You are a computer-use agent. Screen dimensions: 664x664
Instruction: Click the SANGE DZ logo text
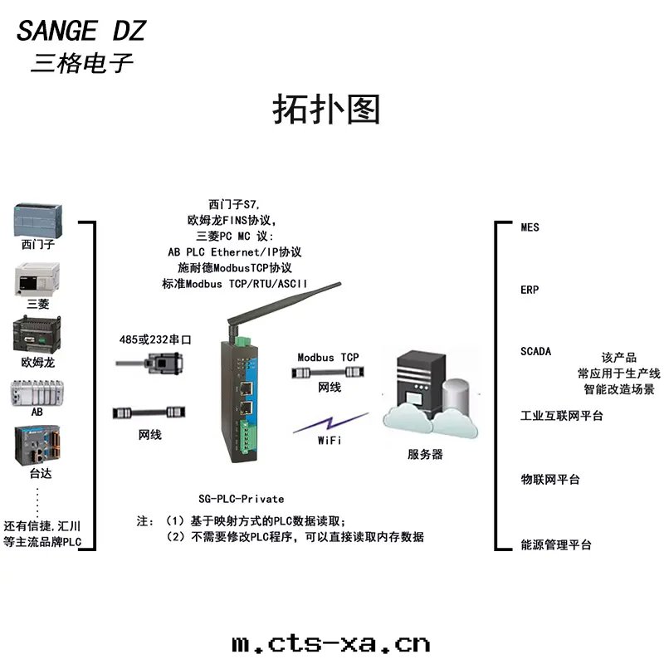(81, 32)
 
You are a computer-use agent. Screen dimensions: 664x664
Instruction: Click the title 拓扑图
(326, 110)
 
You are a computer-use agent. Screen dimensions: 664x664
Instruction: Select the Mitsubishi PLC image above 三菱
(38, 280)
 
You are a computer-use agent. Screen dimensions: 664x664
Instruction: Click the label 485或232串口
(155, 339)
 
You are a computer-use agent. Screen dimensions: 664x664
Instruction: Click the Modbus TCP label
(329, 357)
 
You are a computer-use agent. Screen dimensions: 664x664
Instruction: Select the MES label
(530, 227)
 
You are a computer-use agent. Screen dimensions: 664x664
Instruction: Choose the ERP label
(530, 290)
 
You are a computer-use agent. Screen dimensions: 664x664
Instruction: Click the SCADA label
(535, 351)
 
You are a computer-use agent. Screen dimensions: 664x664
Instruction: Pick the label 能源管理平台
(556, 545)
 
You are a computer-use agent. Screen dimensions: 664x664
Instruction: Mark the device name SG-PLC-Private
(241, 499)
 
